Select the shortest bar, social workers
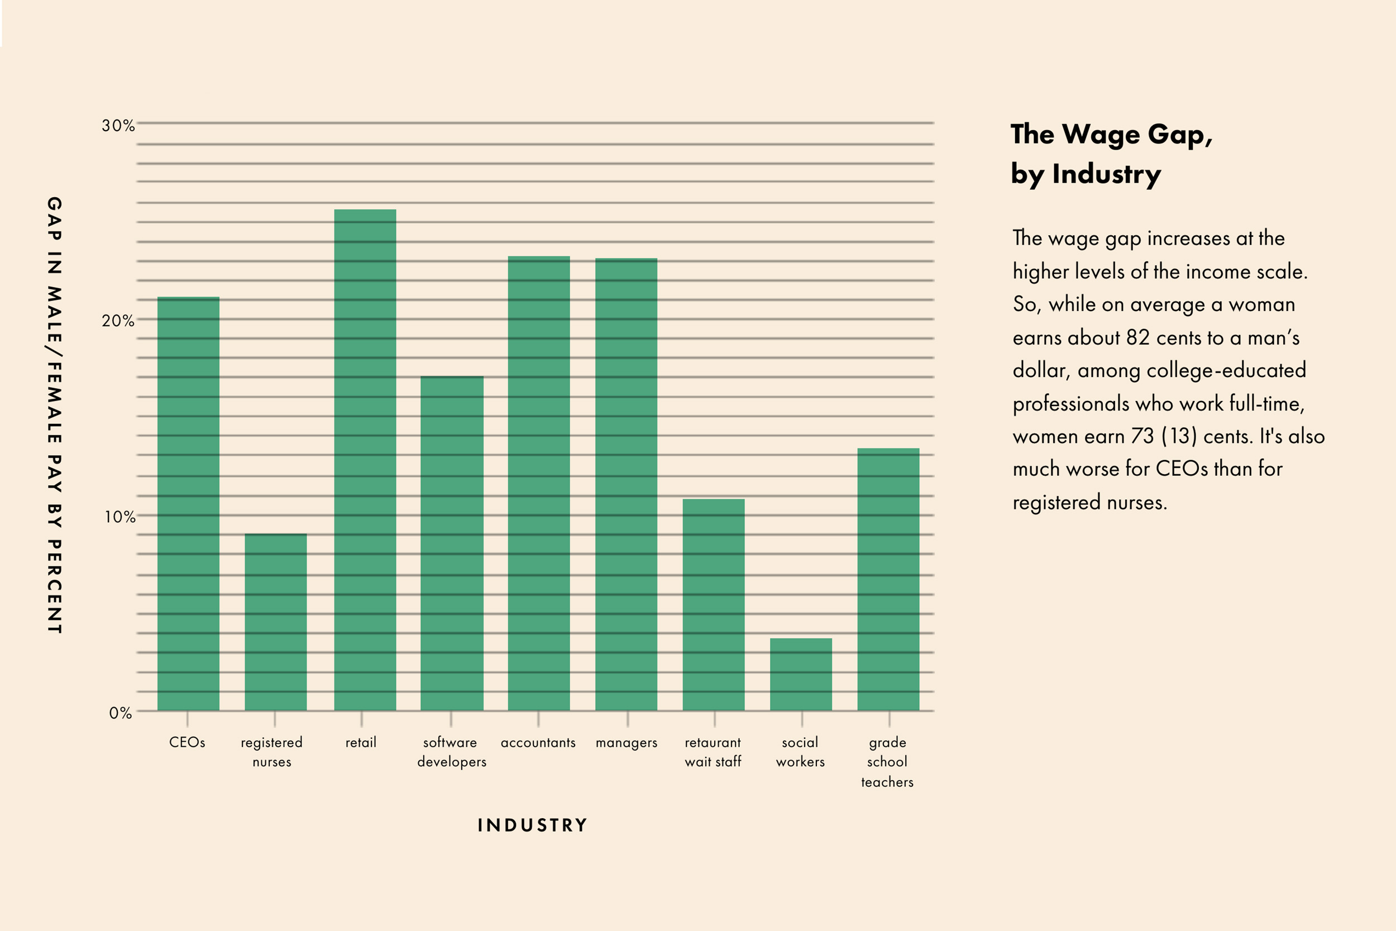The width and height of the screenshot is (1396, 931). point(801,675)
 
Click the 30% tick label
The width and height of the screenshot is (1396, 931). point(118,126)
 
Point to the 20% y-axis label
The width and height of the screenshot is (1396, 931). point(118,321)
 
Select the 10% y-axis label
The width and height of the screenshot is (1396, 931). point(120,517)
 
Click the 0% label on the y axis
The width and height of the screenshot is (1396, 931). point(121,713)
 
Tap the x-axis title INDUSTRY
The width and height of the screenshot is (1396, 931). point(532,825)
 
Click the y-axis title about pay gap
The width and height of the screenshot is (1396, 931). point(55,415)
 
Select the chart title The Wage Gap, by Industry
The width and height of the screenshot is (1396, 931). point(1111,154)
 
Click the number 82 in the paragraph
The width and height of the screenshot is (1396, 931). point(1138,337)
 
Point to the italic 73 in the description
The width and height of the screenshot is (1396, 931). point(1142,436)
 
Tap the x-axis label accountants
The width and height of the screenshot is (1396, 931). point(538,743)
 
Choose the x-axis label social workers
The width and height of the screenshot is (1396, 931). point(800,752)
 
